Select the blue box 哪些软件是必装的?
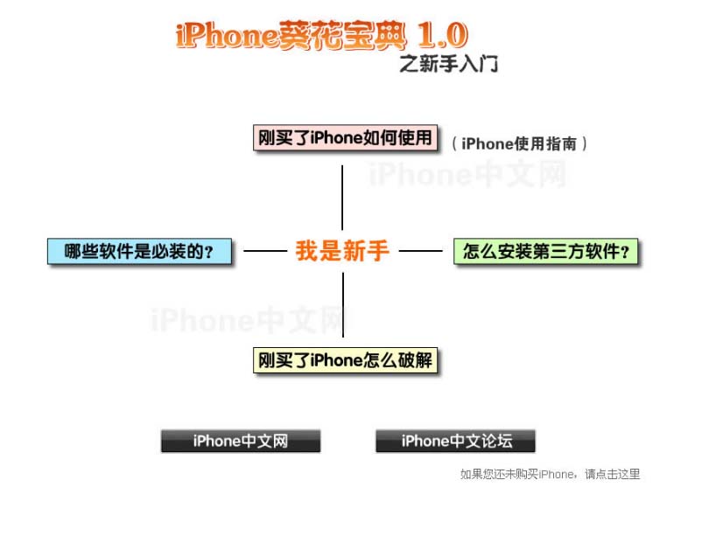click(140, 252)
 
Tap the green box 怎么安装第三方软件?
click(547, 252)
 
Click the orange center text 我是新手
click(342, 251)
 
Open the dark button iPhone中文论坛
click(455, 441)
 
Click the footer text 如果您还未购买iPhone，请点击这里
click(550, 474)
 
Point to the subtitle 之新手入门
click(448, 64)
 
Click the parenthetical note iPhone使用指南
click(520, 143)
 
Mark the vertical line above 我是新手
click(342, 196)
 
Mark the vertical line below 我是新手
click(342, 304)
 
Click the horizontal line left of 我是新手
click(265, 251)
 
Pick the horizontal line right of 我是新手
click(421, 251)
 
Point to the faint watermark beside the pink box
click(467, 175)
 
